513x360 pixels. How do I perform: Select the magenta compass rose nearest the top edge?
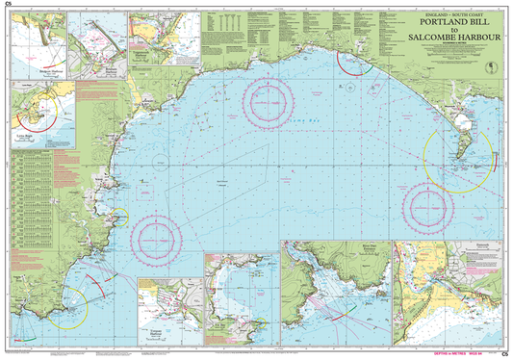pos(268,98)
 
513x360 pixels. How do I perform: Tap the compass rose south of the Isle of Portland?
pos(424,205)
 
